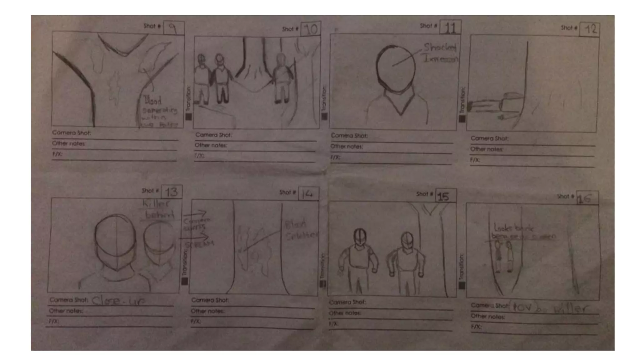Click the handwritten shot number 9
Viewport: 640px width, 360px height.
coord(173,28)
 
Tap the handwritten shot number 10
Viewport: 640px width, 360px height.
coord(311,29)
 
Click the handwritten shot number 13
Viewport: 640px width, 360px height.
coord(172,192)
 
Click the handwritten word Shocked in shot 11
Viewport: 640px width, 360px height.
coord(440,47)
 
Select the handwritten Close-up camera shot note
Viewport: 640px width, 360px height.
coord(118,301)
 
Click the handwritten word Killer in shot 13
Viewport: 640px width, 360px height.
coord(156,204)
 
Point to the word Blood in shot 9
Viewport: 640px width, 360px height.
coord(152,101)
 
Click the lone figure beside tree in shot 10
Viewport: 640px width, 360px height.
coord(282,78)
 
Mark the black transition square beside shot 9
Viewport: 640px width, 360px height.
coord(188,117)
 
